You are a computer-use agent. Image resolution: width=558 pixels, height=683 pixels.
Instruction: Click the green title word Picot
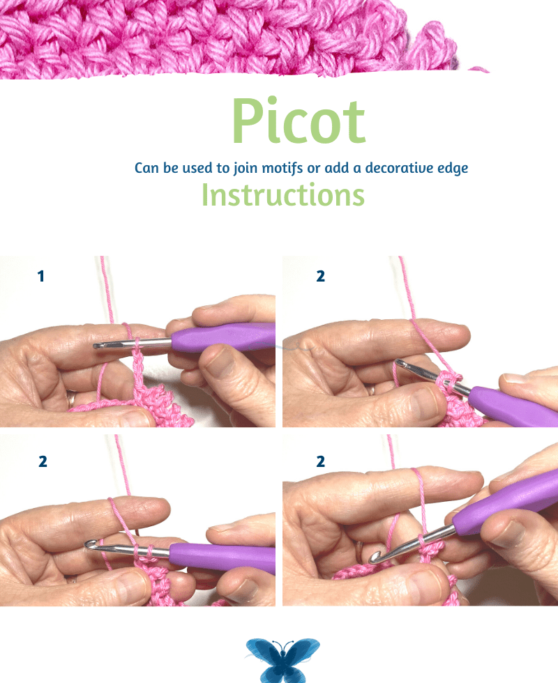[x=299, y=121]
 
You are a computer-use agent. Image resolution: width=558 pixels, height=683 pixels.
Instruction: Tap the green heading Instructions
[x=283, y=194]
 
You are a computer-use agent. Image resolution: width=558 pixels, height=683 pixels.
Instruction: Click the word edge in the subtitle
[x=453, y=169]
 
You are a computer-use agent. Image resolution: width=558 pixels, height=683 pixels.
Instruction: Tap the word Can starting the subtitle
[x=146, y=168]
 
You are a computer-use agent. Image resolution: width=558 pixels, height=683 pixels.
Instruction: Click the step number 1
[x=41, y=276]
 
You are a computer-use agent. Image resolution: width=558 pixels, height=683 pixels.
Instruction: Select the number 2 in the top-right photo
[x=320, y=276]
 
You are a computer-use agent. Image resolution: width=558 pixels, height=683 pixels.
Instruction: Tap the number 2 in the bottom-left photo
[x=43, y=461]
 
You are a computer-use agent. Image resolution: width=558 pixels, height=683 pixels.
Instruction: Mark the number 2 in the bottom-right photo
[x=320, y=461]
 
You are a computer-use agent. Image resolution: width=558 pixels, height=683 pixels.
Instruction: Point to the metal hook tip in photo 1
[x=96, y=346]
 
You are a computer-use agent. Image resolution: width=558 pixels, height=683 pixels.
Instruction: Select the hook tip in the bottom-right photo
[x=374, y=558]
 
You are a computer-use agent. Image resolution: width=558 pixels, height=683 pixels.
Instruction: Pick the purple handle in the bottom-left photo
[x=222, y=557]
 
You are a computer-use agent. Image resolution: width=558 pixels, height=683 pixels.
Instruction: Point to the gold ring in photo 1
[x=70, y=399]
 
